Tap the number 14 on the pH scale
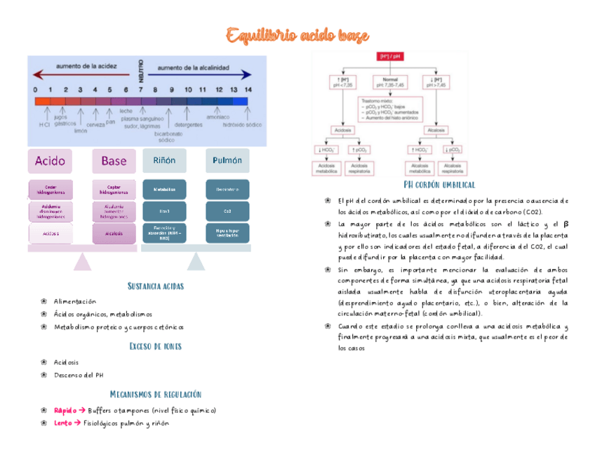248,90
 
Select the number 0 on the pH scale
35,90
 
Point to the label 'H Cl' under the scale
45,124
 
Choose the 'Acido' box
50,161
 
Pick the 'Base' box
114,161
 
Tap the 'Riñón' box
164,160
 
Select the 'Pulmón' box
227,160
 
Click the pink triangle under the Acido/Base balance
83,262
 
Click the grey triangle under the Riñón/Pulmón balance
196,262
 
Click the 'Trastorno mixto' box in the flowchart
390,109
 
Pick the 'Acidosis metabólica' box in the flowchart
328,168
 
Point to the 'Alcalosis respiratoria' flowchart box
453,168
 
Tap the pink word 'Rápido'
65,410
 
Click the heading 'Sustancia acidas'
155,286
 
